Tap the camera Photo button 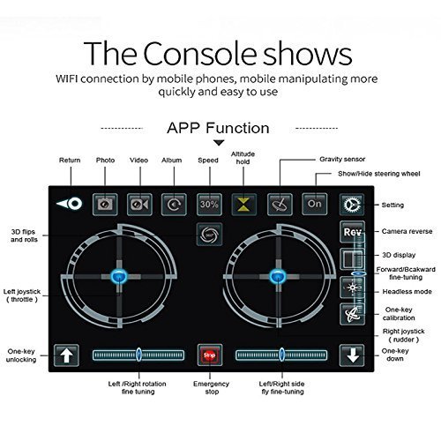105,205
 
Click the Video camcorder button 139,205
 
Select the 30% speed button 209,205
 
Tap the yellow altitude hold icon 243,205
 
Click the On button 315,204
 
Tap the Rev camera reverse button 352,232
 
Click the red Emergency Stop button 210,355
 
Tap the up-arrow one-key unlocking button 66,355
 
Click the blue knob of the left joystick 119,276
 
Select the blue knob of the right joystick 277,276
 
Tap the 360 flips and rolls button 209,235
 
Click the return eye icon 70,204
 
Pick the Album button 174,205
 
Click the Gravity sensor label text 342,159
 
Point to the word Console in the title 200,54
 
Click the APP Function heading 218,128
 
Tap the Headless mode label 407,292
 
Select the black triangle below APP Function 219,143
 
